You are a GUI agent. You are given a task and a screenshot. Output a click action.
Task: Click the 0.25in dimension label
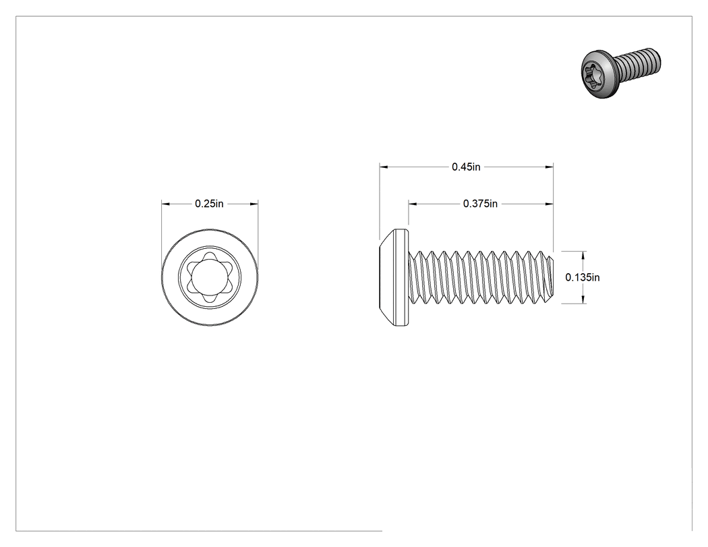(x=209, y=204)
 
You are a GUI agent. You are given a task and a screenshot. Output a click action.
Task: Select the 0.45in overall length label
(x=466, y=167)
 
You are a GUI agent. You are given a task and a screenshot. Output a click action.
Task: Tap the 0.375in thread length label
(x=480, y=204)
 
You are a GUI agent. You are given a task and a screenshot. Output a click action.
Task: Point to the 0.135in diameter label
(x=583, y=277)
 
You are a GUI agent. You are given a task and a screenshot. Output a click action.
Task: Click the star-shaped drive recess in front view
(x=210, y=277)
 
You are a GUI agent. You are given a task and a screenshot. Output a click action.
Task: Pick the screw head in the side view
(x=394, y=277)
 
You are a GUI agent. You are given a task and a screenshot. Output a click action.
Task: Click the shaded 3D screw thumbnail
(x=621, y=72)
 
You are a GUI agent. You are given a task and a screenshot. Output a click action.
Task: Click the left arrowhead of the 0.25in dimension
(x=166, y=204)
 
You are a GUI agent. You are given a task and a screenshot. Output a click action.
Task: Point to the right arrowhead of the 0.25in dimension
(x=254, y=204)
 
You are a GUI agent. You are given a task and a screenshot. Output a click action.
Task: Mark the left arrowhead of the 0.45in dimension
(x=384, y=167)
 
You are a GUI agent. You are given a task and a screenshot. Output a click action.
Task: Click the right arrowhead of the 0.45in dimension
(x=549, y=167)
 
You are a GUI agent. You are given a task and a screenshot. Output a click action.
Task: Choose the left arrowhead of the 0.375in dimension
(x=413, y=204)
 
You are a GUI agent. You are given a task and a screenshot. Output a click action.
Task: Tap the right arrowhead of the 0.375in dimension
(x=549, y=204)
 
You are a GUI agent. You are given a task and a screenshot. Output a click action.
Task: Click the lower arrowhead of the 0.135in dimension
(x=583, y=299)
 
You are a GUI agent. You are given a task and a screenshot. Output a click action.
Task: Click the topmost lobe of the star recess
(x=210, y=256)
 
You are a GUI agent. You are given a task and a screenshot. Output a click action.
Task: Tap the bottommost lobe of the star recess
(x=210, y=298)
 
